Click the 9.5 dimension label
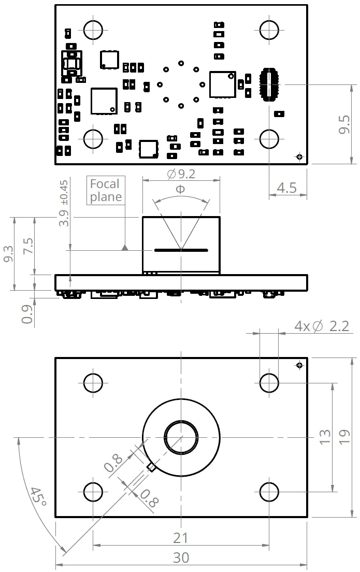click(x=344, y=124)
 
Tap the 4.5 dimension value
click(x=286, y=188)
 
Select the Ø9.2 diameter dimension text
click(x=181, y=174)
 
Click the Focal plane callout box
click(x=106, y=190)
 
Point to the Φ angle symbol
click(x=181, y=189)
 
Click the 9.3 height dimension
click(x=8, y=254)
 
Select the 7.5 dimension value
click(x=28, y=246)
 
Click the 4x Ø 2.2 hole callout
click(x=322, y=326)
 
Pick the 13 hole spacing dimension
click(x=325, y=437)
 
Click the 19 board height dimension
click(x=344, y=437)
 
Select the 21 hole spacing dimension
click(x=181, y=538)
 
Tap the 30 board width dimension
click(x=181, y=557)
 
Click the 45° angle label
click(x=38, y=496)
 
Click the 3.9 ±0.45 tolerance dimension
click(x=64, y=203)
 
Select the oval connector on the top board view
click(x=269, y=84)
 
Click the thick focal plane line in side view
click(x=181, y=250)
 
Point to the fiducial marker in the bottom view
click(x=299, y=365)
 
